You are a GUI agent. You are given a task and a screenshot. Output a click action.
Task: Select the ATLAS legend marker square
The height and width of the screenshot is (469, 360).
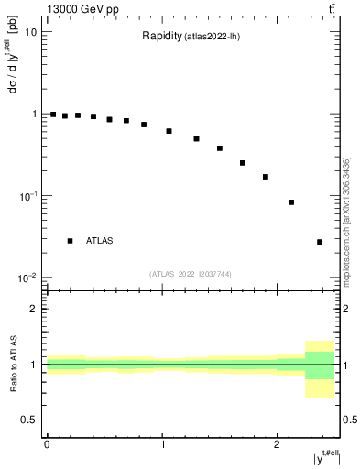tap(70, 241)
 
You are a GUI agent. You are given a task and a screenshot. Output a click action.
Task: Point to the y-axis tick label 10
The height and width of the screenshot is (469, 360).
tap(30, 32)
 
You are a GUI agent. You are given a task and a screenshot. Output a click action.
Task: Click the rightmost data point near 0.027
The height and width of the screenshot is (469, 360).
tap(320, 242)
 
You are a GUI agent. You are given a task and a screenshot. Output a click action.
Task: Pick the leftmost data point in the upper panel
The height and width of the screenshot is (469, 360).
tap(53, 115)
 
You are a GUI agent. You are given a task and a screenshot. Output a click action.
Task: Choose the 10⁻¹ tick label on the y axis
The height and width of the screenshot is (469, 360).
tap(27, 196)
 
